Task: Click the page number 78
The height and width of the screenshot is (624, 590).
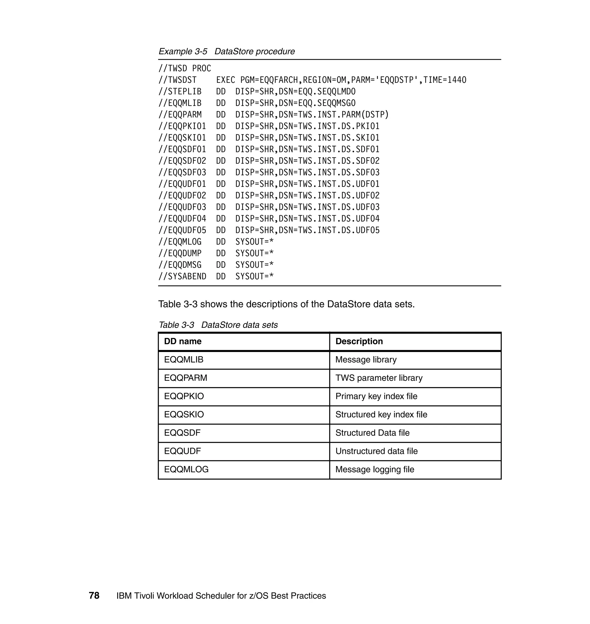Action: click(94, 596)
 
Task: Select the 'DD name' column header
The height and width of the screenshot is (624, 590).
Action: click(183, 341)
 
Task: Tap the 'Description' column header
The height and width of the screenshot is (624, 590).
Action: click(359, 341)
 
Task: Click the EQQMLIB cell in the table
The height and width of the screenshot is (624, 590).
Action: click(184, 359)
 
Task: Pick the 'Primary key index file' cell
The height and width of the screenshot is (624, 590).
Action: click(376, 396)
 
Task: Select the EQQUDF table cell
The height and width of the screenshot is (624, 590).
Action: click(182, 451)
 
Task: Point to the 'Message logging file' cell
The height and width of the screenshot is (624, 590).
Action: click(375, 469)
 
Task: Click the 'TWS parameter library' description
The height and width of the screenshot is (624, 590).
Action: click(379, 378)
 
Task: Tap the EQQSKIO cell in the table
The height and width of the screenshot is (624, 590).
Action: click(184, 414)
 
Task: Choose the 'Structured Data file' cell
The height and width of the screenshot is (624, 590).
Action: click(372, 433)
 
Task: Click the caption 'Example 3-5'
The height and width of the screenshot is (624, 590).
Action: click(183, 52)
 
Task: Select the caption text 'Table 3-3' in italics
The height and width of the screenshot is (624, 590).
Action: click(176, 325)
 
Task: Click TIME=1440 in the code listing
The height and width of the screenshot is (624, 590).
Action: click(445, 80)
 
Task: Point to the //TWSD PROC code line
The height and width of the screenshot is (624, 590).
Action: click(185, 69)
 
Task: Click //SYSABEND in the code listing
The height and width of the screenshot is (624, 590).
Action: click(182, 277)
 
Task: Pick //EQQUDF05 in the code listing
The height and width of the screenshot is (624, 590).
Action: click(182, 230)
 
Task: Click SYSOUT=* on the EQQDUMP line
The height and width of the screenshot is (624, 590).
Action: click(254, 253)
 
